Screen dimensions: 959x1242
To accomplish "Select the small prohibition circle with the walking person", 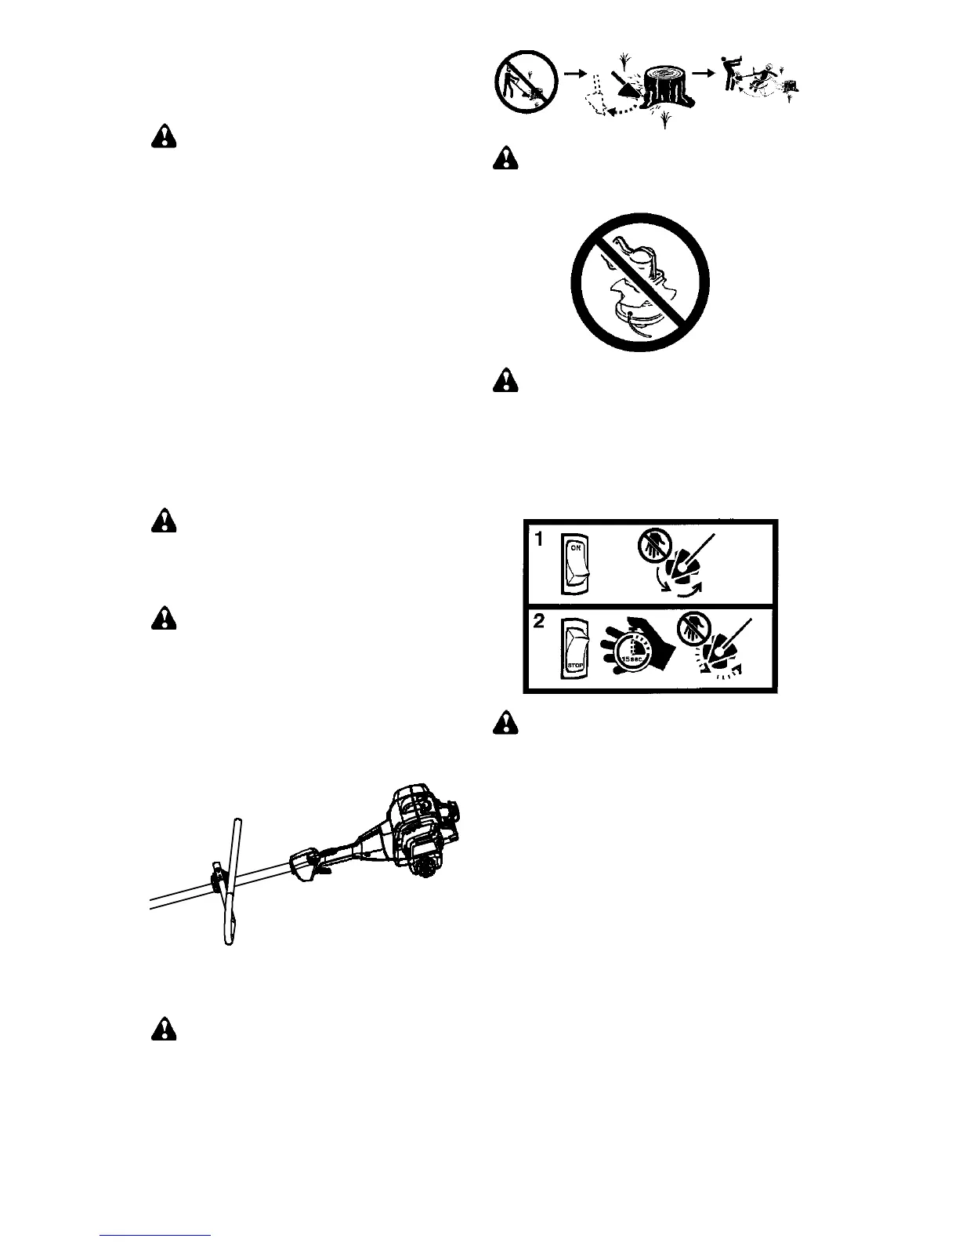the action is pyautogui.click(x=525, y=82).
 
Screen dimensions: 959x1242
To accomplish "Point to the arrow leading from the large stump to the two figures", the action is pyautogui.click(x=707, y=71).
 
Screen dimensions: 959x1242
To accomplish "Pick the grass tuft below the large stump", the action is pyautogui.click(x=665, y=120).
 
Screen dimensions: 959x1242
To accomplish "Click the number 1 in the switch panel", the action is pyautogui.click(x=539, y=540).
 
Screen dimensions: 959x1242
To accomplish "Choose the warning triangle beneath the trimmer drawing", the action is pyautogui.click(x=164, y=1028).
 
